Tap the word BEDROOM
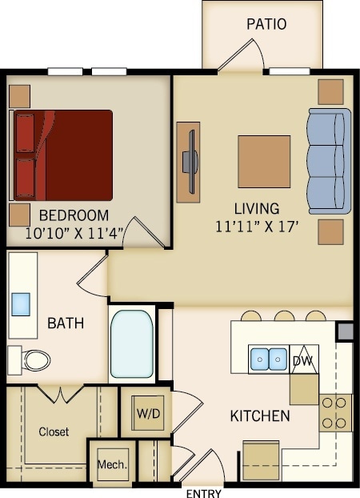(x=74, y=215)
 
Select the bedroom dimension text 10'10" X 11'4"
(x=74, y=234)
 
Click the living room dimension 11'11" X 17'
(x=256, y=227)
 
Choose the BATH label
(x=66, y=323)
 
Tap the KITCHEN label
(x=260, y=416)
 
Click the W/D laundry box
(x=146, y=414)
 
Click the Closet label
(x=54, y=432)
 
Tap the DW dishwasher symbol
(x=303, y=359)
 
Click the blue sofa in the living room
(x=329, y=160)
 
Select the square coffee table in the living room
(x=264, y=161)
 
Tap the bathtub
(x=131, y=343)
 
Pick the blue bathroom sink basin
(x=21, y=303)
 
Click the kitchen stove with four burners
(x=335, y=412)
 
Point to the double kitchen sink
(x=268, y=359)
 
